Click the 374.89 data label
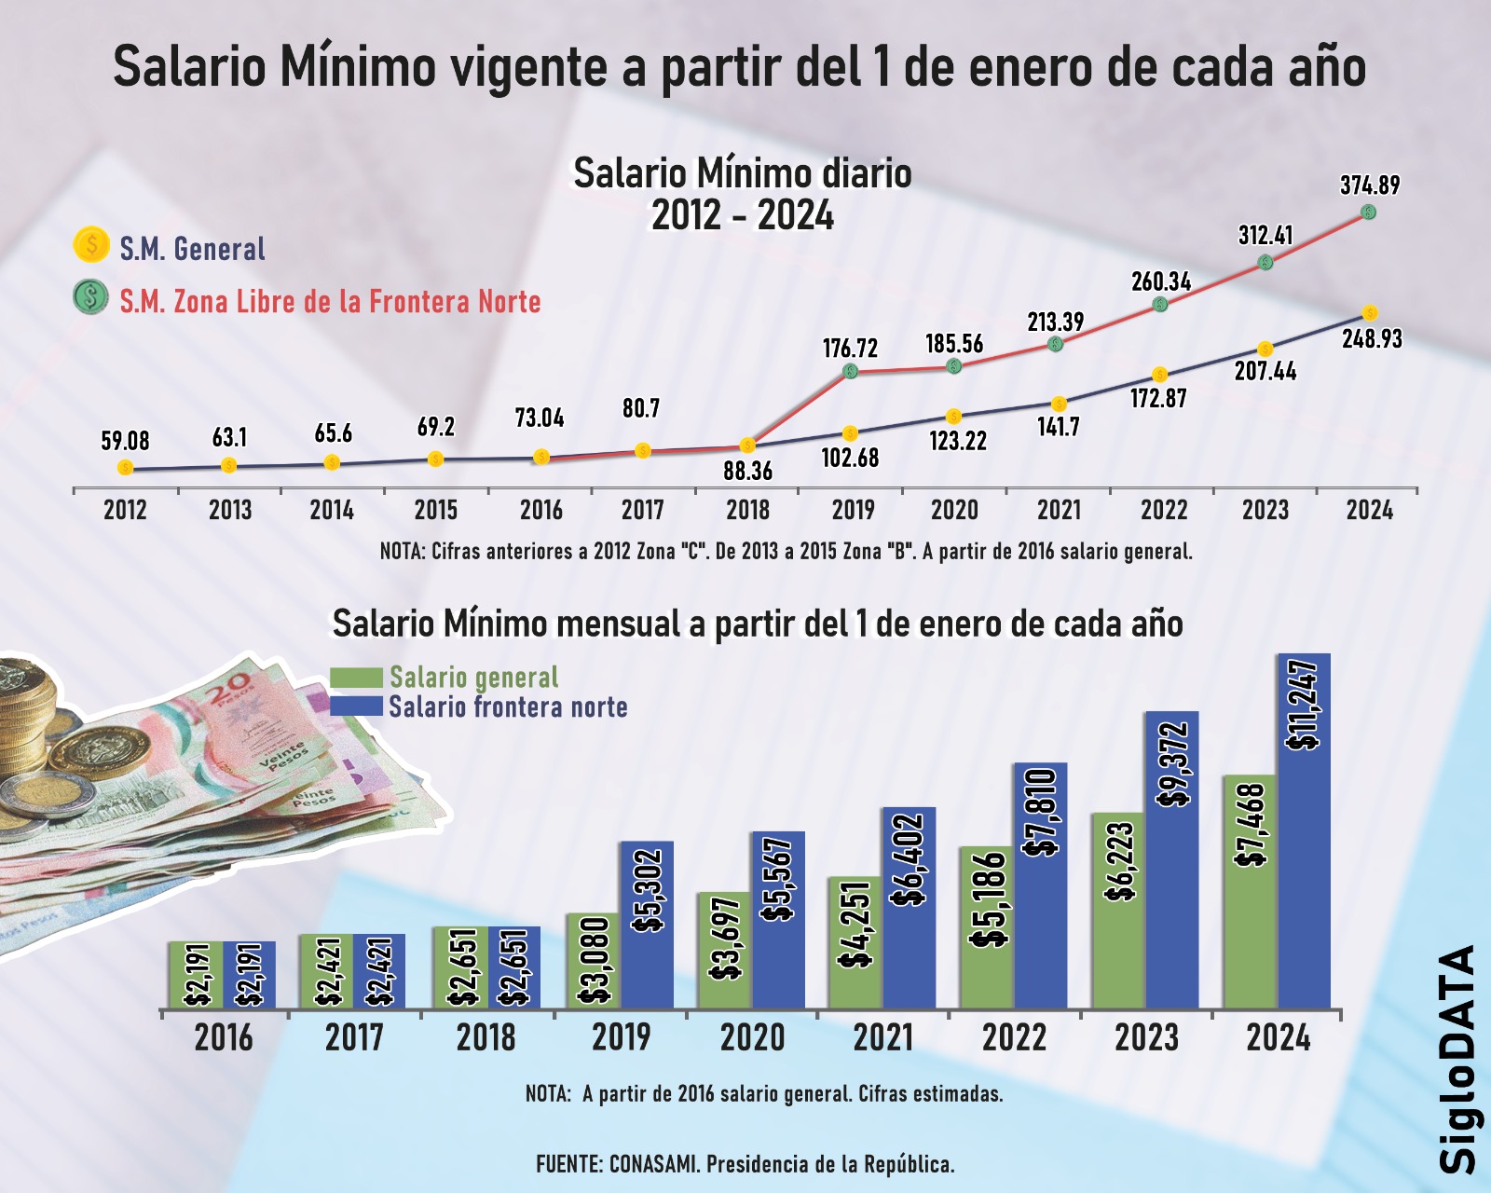1370,185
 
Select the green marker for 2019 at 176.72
850,371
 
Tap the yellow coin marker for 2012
125,468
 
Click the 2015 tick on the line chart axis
436,510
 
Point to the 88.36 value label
748,471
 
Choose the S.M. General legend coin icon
90,245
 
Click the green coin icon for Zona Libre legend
90,297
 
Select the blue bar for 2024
1304,830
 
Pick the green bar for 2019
593,960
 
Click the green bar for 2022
987,927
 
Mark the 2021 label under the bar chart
883,1037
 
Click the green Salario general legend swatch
356,678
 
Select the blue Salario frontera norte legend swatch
356,706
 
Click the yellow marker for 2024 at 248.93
1369,312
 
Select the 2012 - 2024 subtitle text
743,216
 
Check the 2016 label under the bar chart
224,1037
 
